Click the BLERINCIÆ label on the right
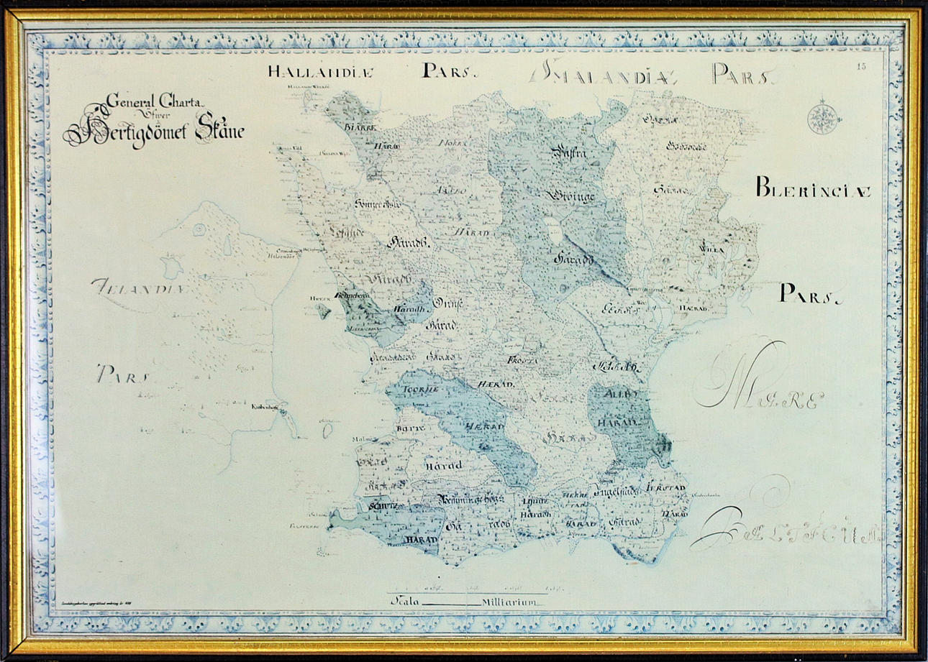click(x=813, y=190)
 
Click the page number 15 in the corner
click(x=862, y=67)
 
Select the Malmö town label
click(x=362, y=438)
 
